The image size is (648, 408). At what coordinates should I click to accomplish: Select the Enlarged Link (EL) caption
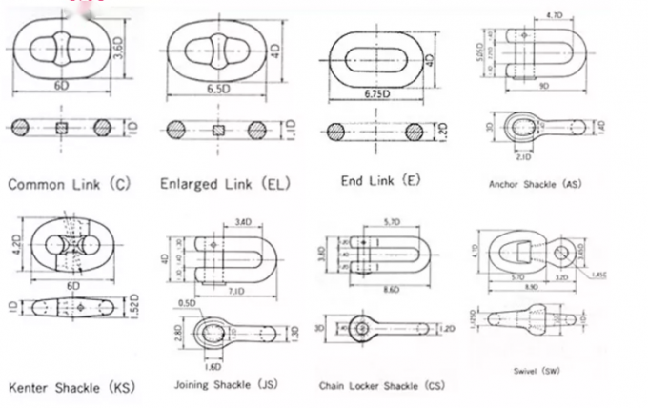225,182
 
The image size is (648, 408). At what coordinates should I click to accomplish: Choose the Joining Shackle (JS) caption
226,384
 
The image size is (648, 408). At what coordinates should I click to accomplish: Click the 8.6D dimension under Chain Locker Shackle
390,285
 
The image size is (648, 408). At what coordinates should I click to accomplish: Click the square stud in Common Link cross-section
62,129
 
